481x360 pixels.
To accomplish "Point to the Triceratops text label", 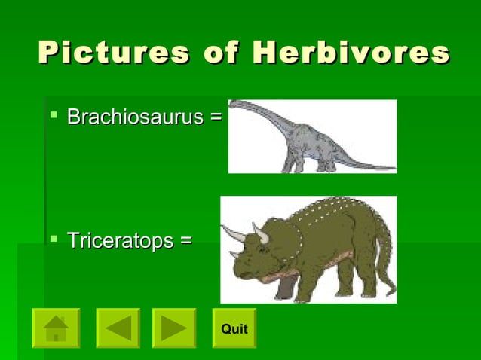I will [121, 241].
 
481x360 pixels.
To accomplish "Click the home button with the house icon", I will [55, 328].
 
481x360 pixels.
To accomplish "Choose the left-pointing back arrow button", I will [118, 328].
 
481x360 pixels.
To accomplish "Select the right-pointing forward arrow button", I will [174, 328].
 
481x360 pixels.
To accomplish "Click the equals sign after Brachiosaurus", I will [216, 117].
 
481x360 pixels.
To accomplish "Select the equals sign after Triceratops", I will [185, 241].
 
